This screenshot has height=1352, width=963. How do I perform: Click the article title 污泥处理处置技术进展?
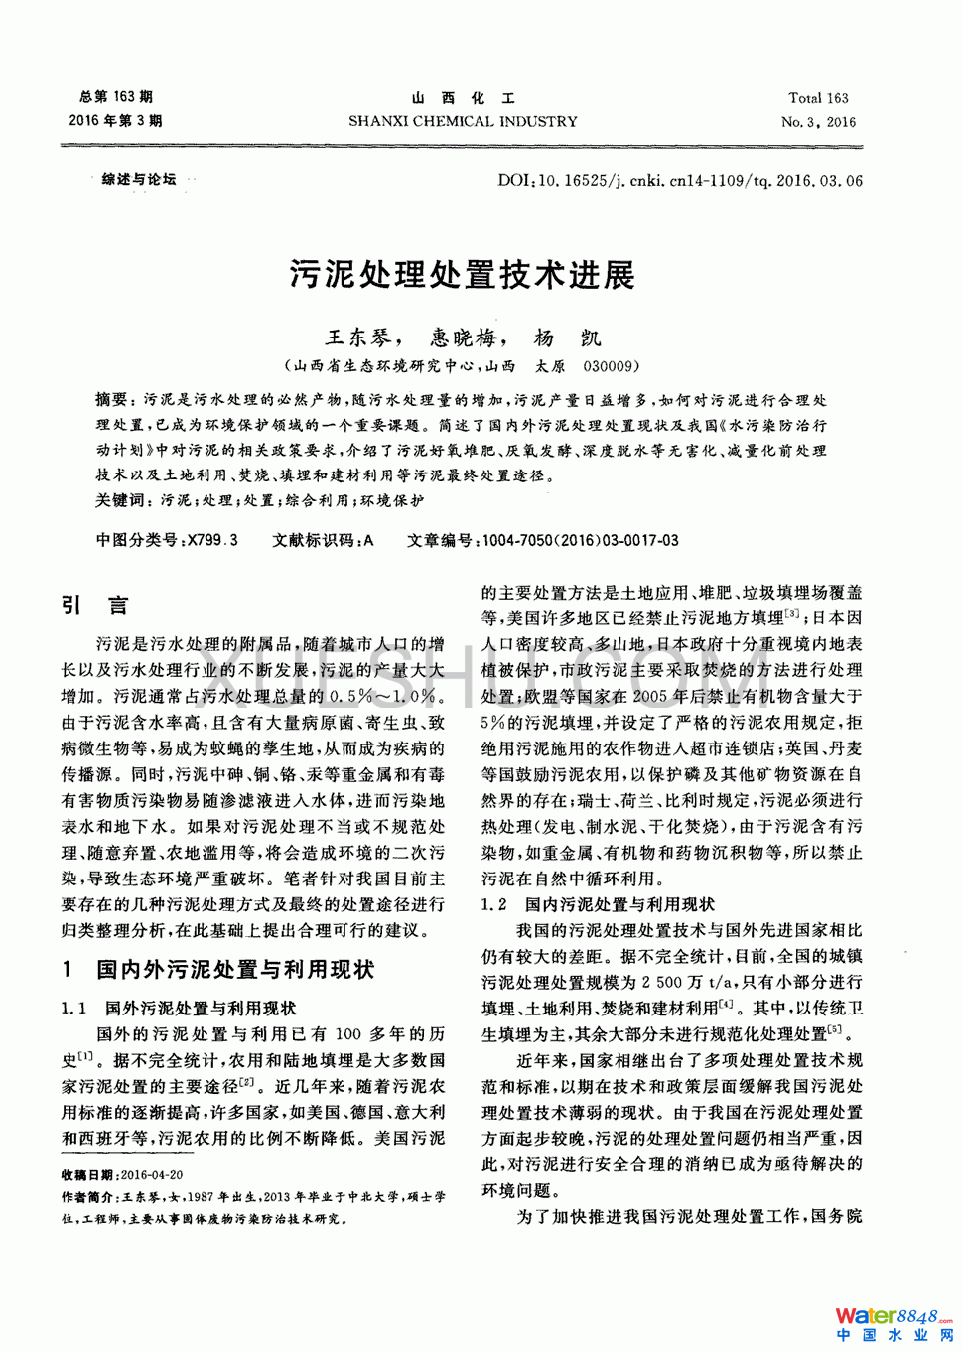pyautogui.click(x=462, y=274)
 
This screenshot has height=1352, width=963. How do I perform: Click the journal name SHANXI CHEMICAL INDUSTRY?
pyautogui.click(x=463, y=122)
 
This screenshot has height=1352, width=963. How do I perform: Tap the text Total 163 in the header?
pyautogui.click(x=818, y=98)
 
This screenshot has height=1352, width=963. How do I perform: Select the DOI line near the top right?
pyautogui.click(x=680, y=181)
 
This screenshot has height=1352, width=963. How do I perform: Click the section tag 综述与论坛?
pyautogui.click(x=138, y=179)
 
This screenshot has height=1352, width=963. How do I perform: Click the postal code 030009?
pyautogui.click(x=611, y=365)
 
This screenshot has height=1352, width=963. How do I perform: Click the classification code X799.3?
pyautogui.click(x=212, y=540)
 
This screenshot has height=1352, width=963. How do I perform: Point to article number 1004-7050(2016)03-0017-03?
pyautogui.click(x=580, y=540)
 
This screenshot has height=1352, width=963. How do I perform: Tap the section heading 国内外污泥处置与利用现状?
pyautogui.click(x=234, y=969)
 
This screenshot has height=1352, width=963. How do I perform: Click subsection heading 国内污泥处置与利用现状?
pyautogui.click(x=619, y=904)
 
